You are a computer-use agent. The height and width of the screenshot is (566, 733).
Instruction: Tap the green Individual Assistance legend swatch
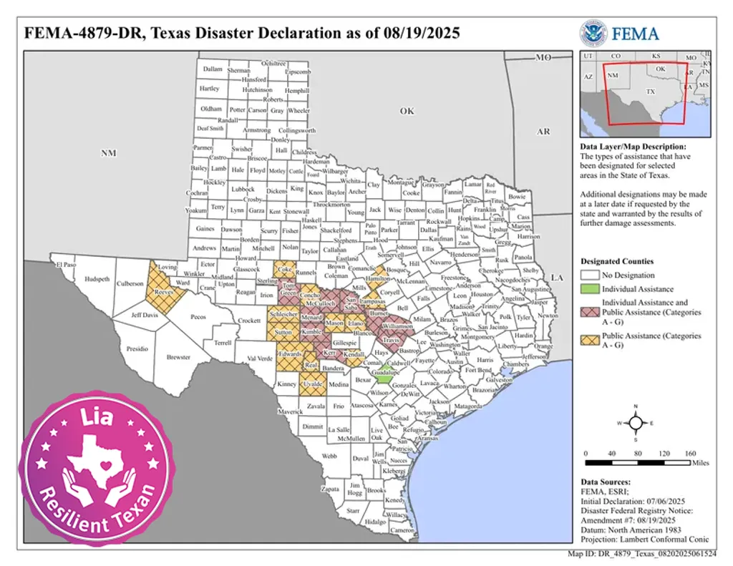click(x=591, y=289)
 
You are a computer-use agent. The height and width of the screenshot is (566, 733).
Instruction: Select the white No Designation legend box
click(x=591, y=275)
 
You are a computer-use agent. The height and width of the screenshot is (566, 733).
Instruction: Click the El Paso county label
click(x=65, y=265)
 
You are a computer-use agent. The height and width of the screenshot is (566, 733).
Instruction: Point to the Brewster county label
click(x=178, y=357)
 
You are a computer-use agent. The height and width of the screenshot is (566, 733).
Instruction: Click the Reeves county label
click(x=164, y=293)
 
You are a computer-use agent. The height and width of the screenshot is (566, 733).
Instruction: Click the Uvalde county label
click(x=312, y=384)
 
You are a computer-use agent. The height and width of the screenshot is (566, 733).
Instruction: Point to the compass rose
click(x=635, y=422)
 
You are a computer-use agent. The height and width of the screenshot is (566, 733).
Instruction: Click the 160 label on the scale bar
click(x=690, y=454)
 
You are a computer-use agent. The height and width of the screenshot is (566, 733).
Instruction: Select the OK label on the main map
click(x=407, y=111)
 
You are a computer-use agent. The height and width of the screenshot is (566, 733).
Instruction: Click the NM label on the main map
click(x=108, y=153)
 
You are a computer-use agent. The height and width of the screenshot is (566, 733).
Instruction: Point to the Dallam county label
click(x=213, y=69)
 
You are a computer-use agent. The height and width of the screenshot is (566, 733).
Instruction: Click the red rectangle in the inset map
click(x=646, y=93)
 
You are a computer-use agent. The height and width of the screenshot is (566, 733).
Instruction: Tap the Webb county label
click(x=329, y=456)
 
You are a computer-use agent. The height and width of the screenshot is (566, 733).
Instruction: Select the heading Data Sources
click(x=606, y=482)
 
